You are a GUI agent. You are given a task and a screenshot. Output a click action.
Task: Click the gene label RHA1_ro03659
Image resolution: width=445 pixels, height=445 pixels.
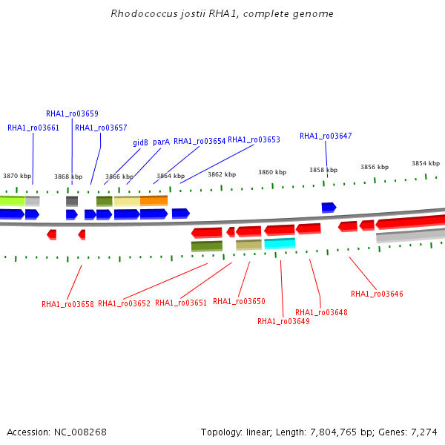click(72, 113)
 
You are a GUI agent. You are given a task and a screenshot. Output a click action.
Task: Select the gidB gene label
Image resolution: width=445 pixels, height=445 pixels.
click(140, 142)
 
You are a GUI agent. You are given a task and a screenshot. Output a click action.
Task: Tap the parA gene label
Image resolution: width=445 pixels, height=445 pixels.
click(161, 142)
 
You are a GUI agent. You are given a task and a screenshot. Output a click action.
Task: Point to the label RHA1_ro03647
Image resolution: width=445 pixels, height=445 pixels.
click(326, 136)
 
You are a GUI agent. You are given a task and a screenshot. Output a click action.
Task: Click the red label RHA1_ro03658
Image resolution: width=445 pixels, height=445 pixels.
click(67, 304)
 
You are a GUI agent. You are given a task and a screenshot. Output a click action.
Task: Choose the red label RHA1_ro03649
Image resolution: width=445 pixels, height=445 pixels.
click(283, 321)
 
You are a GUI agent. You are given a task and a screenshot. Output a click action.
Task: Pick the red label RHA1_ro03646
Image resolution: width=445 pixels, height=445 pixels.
click(377, 294)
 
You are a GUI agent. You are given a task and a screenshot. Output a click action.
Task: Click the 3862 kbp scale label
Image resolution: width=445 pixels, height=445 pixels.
click(222, 174)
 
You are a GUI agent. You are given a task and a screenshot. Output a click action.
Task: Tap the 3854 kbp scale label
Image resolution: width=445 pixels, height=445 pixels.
click(426, 163)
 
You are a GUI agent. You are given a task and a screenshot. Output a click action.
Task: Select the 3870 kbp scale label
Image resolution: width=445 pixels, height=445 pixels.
click(17, 176)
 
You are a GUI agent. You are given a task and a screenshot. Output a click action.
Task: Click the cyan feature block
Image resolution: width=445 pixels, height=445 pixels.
click(280, 243)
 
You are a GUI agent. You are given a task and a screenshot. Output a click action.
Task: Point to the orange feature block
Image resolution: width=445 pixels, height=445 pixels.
click(154, 200)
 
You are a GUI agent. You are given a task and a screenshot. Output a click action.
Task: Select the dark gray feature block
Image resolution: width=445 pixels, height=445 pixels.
click(72, 201)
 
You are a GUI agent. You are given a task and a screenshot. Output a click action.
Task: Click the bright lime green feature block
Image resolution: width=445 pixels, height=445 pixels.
click(13, 201)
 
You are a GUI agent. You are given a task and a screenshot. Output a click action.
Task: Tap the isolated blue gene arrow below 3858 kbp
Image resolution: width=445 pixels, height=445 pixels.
click(329, 208)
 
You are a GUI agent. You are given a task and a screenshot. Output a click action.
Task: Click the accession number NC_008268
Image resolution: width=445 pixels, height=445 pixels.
click(80, 432)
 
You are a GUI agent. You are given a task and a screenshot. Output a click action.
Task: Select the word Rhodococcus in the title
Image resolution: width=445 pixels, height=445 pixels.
click(144, 13)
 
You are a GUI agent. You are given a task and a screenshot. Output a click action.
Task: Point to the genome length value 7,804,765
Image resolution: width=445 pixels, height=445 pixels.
click(333, 432)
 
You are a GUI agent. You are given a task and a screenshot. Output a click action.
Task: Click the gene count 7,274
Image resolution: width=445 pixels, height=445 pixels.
click(424, 432)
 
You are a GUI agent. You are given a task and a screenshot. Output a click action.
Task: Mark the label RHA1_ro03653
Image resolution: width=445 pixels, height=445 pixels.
click(254, 139)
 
